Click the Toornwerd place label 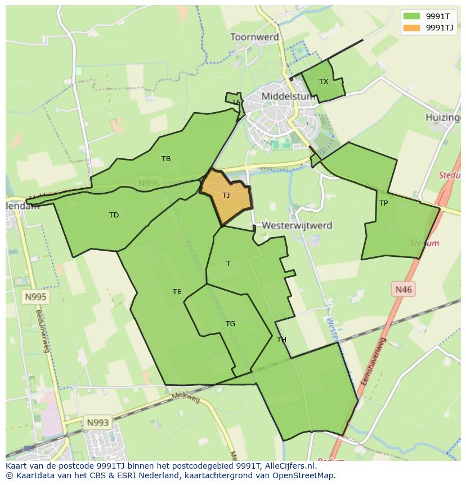click(254, 37)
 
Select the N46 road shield click(403, 290)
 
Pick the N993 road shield click(97, 422)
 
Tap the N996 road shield click(149, 183)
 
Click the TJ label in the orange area click(226, 195)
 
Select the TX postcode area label click(324, 82)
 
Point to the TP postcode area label click(383, 203)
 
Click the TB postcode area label click(166, 159)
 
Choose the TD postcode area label click(114, 215)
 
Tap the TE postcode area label click(177, 292)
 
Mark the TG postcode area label click(230, 324)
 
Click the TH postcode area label click(281, 340)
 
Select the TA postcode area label click(236, 103)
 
